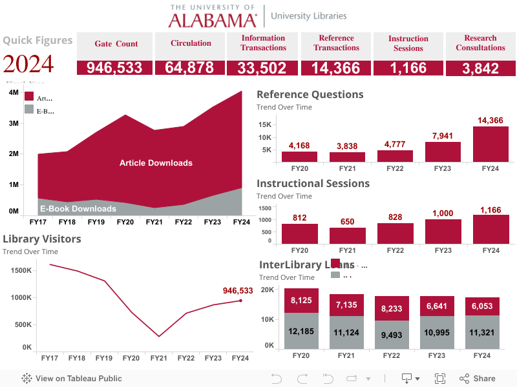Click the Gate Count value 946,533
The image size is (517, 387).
(x=114, y=68)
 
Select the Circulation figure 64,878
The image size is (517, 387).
(x=190, y=68)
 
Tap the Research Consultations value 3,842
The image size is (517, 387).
(x=480, y=68)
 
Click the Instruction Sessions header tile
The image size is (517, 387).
(x=408, y=43)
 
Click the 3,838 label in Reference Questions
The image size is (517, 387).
(x=347, y=146)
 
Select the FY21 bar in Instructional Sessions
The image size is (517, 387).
(x=347, y=236)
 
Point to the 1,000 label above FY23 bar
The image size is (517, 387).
(x=443, y=213)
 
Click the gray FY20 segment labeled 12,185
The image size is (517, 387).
(x=301, y=331)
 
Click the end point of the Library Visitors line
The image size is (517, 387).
(x=240, y=301)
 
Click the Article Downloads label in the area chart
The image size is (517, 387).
(x=156, y=163)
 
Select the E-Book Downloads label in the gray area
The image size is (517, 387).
(x=78, y=208)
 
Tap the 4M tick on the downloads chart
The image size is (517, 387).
(x=14, y=93)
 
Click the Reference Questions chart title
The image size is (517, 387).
(x=310, y=95)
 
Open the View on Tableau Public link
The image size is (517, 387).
(x=72, y=379)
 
